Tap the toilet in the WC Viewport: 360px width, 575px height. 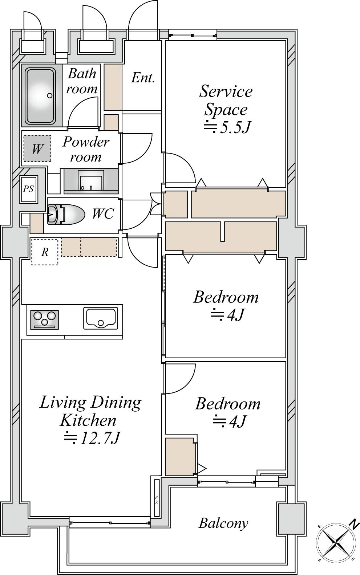tap(66, 214)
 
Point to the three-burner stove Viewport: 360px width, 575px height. tap(44, 319)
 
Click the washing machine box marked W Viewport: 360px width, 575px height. tap(37, 148)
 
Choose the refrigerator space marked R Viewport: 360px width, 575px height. tap(45, 252)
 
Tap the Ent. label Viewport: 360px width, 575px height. tap(143, 78)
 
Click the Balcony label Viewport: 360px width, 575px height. tap(223, 523)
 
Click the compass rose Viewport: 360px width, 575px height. tap(336, 542)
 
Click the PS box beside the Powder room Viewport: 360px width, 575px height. tap(29, 189)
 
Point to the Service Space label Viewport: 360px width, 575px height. tap(226, 100)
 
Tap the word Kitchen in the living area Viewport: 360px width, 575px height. tap(88, 420)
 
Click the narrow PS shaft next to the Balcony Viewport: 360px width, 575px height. tap(156, 500)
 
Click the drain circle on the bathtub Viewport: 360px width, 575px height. tap(50, 95)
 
